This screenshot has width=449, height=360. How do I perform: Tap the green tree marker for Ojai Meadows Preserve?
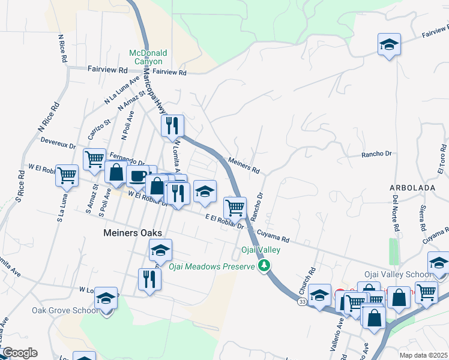pos(264,265)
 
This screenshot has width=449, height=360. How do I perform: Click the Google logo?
pos(19,353)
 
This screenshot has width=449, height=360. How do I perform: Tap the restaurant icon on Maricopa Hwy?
pos(172,126)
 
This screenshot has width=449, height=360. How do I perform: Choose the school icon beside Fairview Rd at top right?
pos(389,45)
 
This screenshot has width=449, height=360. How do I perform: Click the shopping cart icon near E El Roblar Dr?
pos(235,208)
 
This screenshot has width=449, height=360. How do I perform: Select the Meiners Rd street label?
pos(244,166)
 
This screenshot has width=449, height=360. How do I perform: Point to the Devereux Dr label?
pos(58,145)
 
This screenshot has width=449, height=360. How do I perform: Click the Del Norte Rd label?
pos(396,213)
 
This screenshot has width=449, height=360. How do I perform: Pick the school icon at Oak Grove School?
pos(106,298)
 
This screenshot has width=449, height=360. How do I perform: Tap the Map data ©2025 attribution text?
pos(423,355)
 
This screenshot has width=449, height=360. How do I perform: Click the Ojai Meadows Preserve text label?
pos(211,266)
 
